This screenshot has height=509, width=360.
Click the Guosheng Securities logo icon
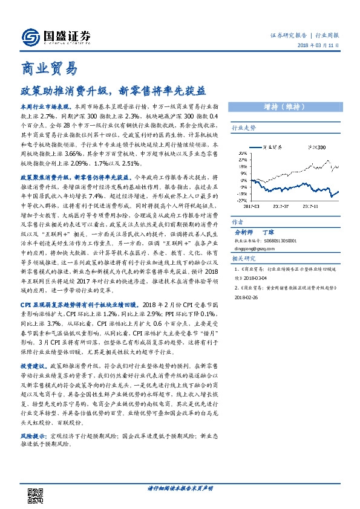(30, 37)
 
